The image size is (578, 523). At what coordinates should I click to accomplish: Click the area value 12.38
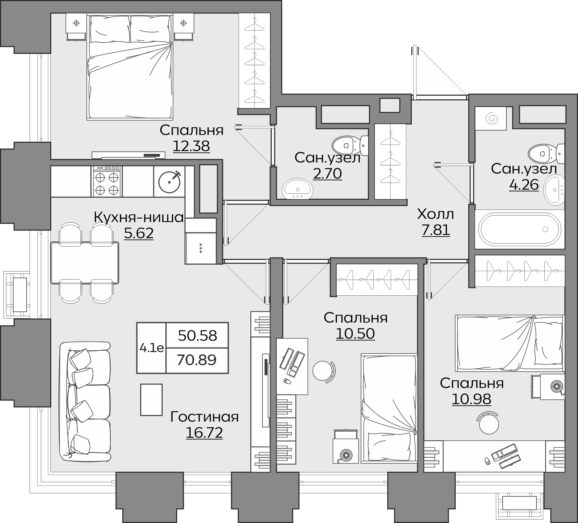[x=191, y=146]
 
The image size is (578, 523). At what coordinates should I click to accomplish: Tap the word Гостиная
[x=204, y=417]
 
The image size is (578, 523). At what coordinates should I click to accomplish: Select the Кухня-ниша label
[x=139, y=217]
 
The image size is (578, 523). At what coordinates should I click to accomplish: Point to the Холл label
[x=436, y=214]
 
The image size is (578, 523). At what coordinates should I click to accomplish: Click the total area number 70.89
[x=196, y=360]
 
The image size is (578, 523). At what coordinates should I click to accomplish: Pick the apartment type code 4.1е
[x=152, y=348]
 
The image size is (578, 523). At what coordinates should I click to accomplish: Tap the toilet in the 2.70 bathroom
[x=350, y=145]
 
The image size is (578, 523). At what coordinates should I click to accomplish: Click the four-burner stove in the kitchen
[x=107, y=181]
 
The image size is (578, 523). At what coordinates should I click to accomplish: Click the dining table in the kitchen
[x=85, y=263]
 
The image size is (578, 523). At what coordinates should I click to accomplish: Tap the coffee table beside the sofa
[x=151, y=400]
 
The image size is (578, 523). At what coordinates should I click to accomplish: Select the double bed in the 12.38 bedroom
[x=130, y=67]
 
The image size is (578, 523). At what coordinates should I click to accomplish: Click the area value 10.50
[x=355, y=334]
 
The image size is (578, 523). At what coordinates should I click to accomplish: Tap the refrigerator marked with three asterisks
[x=201, y=248]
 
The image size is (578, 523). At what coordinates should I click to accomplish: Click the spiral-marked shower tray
[x=490, y=118]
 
